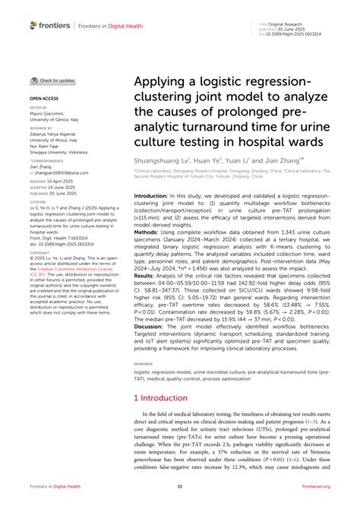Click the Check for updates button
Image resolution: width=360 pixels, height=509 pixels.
pyautogui.click(x=52, y=80)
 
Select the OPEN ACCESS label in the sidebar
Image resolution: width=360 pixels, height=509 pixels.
pyautogui.click(x=43, y=99)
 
